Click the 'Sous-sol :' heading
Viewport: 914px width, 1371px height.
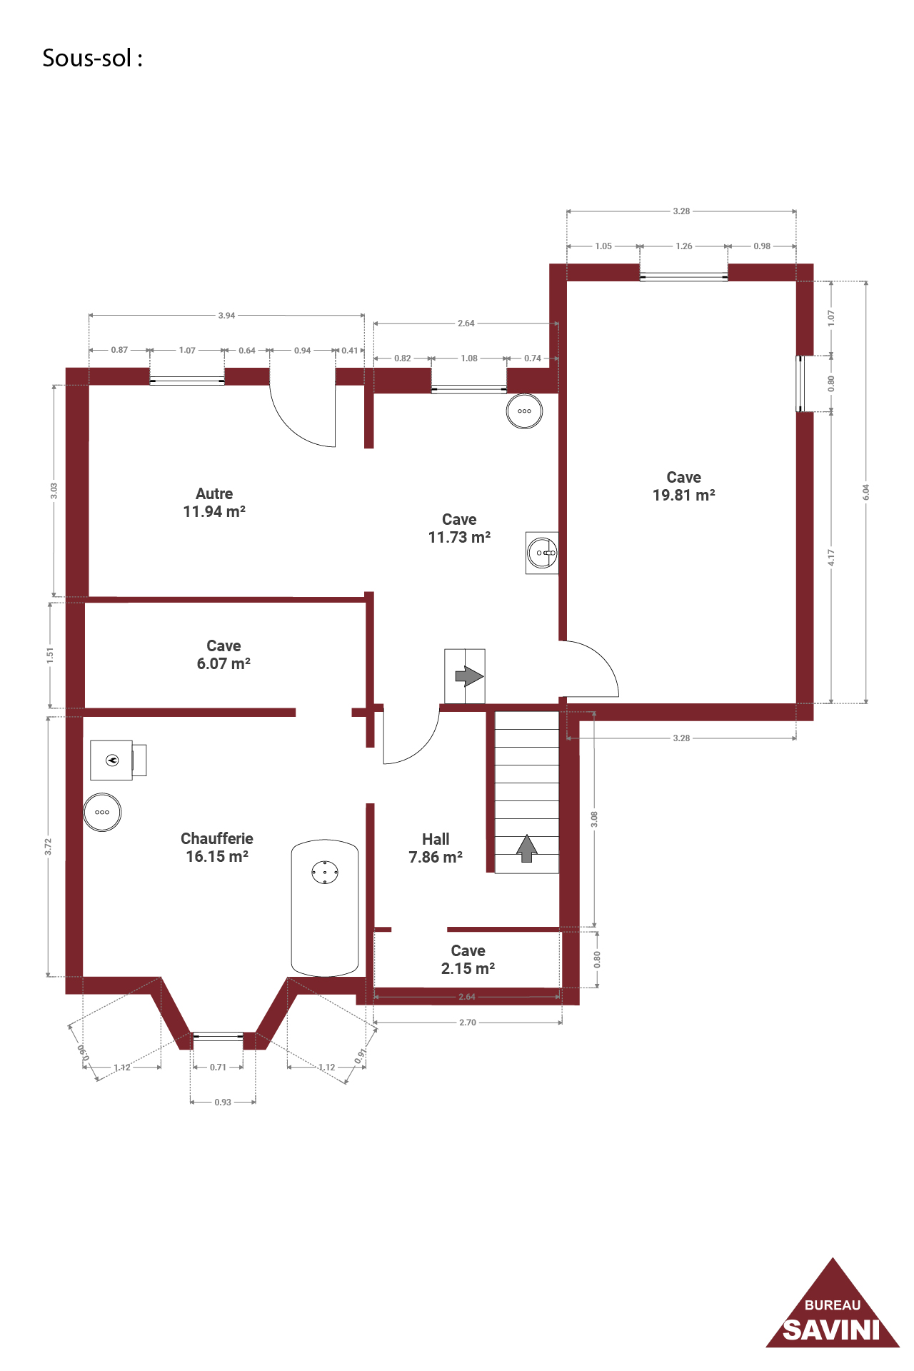coord(92,58)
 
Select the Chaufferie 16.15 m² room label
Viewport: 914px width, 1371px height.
coord(217,848)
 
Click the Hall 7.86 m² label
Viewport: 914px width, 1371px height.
coord(436,848)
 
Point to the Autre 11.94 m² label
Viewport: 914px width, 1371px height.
coord(214,503)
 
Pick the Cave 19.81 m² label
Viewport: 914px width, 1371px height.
coord(684,486)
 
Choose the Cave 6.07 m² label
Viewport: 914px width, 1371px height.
coord(224,655)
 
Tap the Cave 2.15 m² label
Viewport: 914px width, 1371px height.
coord(468,960)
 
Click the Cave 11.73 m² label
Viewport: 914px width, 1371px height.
coord(459,528)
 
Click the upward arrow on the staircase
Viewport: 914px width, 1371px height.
coord(527,848)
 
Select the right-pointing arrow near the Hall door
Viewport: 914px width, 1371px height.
coord(469,676)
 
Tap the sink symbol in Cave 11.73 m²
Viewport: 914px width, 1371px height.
coord(542,553)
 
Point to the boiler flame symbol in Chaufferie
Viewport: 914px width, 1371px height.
coord(112,760)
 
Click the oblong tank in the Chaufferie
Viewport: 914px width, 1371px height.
coord(325,908)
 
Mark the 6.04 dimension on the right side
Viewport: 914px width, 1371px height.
coord(866,492)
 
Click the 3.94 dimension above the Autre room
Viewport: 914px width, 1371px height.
coord(226,316)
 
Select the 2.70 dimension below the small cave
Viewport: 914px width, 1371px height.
coord(468,1023)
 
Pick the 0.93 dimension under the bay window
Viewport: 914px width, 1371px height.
coord(223,1103)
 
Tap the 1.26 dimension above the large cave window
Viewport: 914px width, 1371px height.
coord(684,246)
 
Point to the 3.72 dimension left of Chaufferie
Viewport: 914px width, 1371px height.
coord(49,847)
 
